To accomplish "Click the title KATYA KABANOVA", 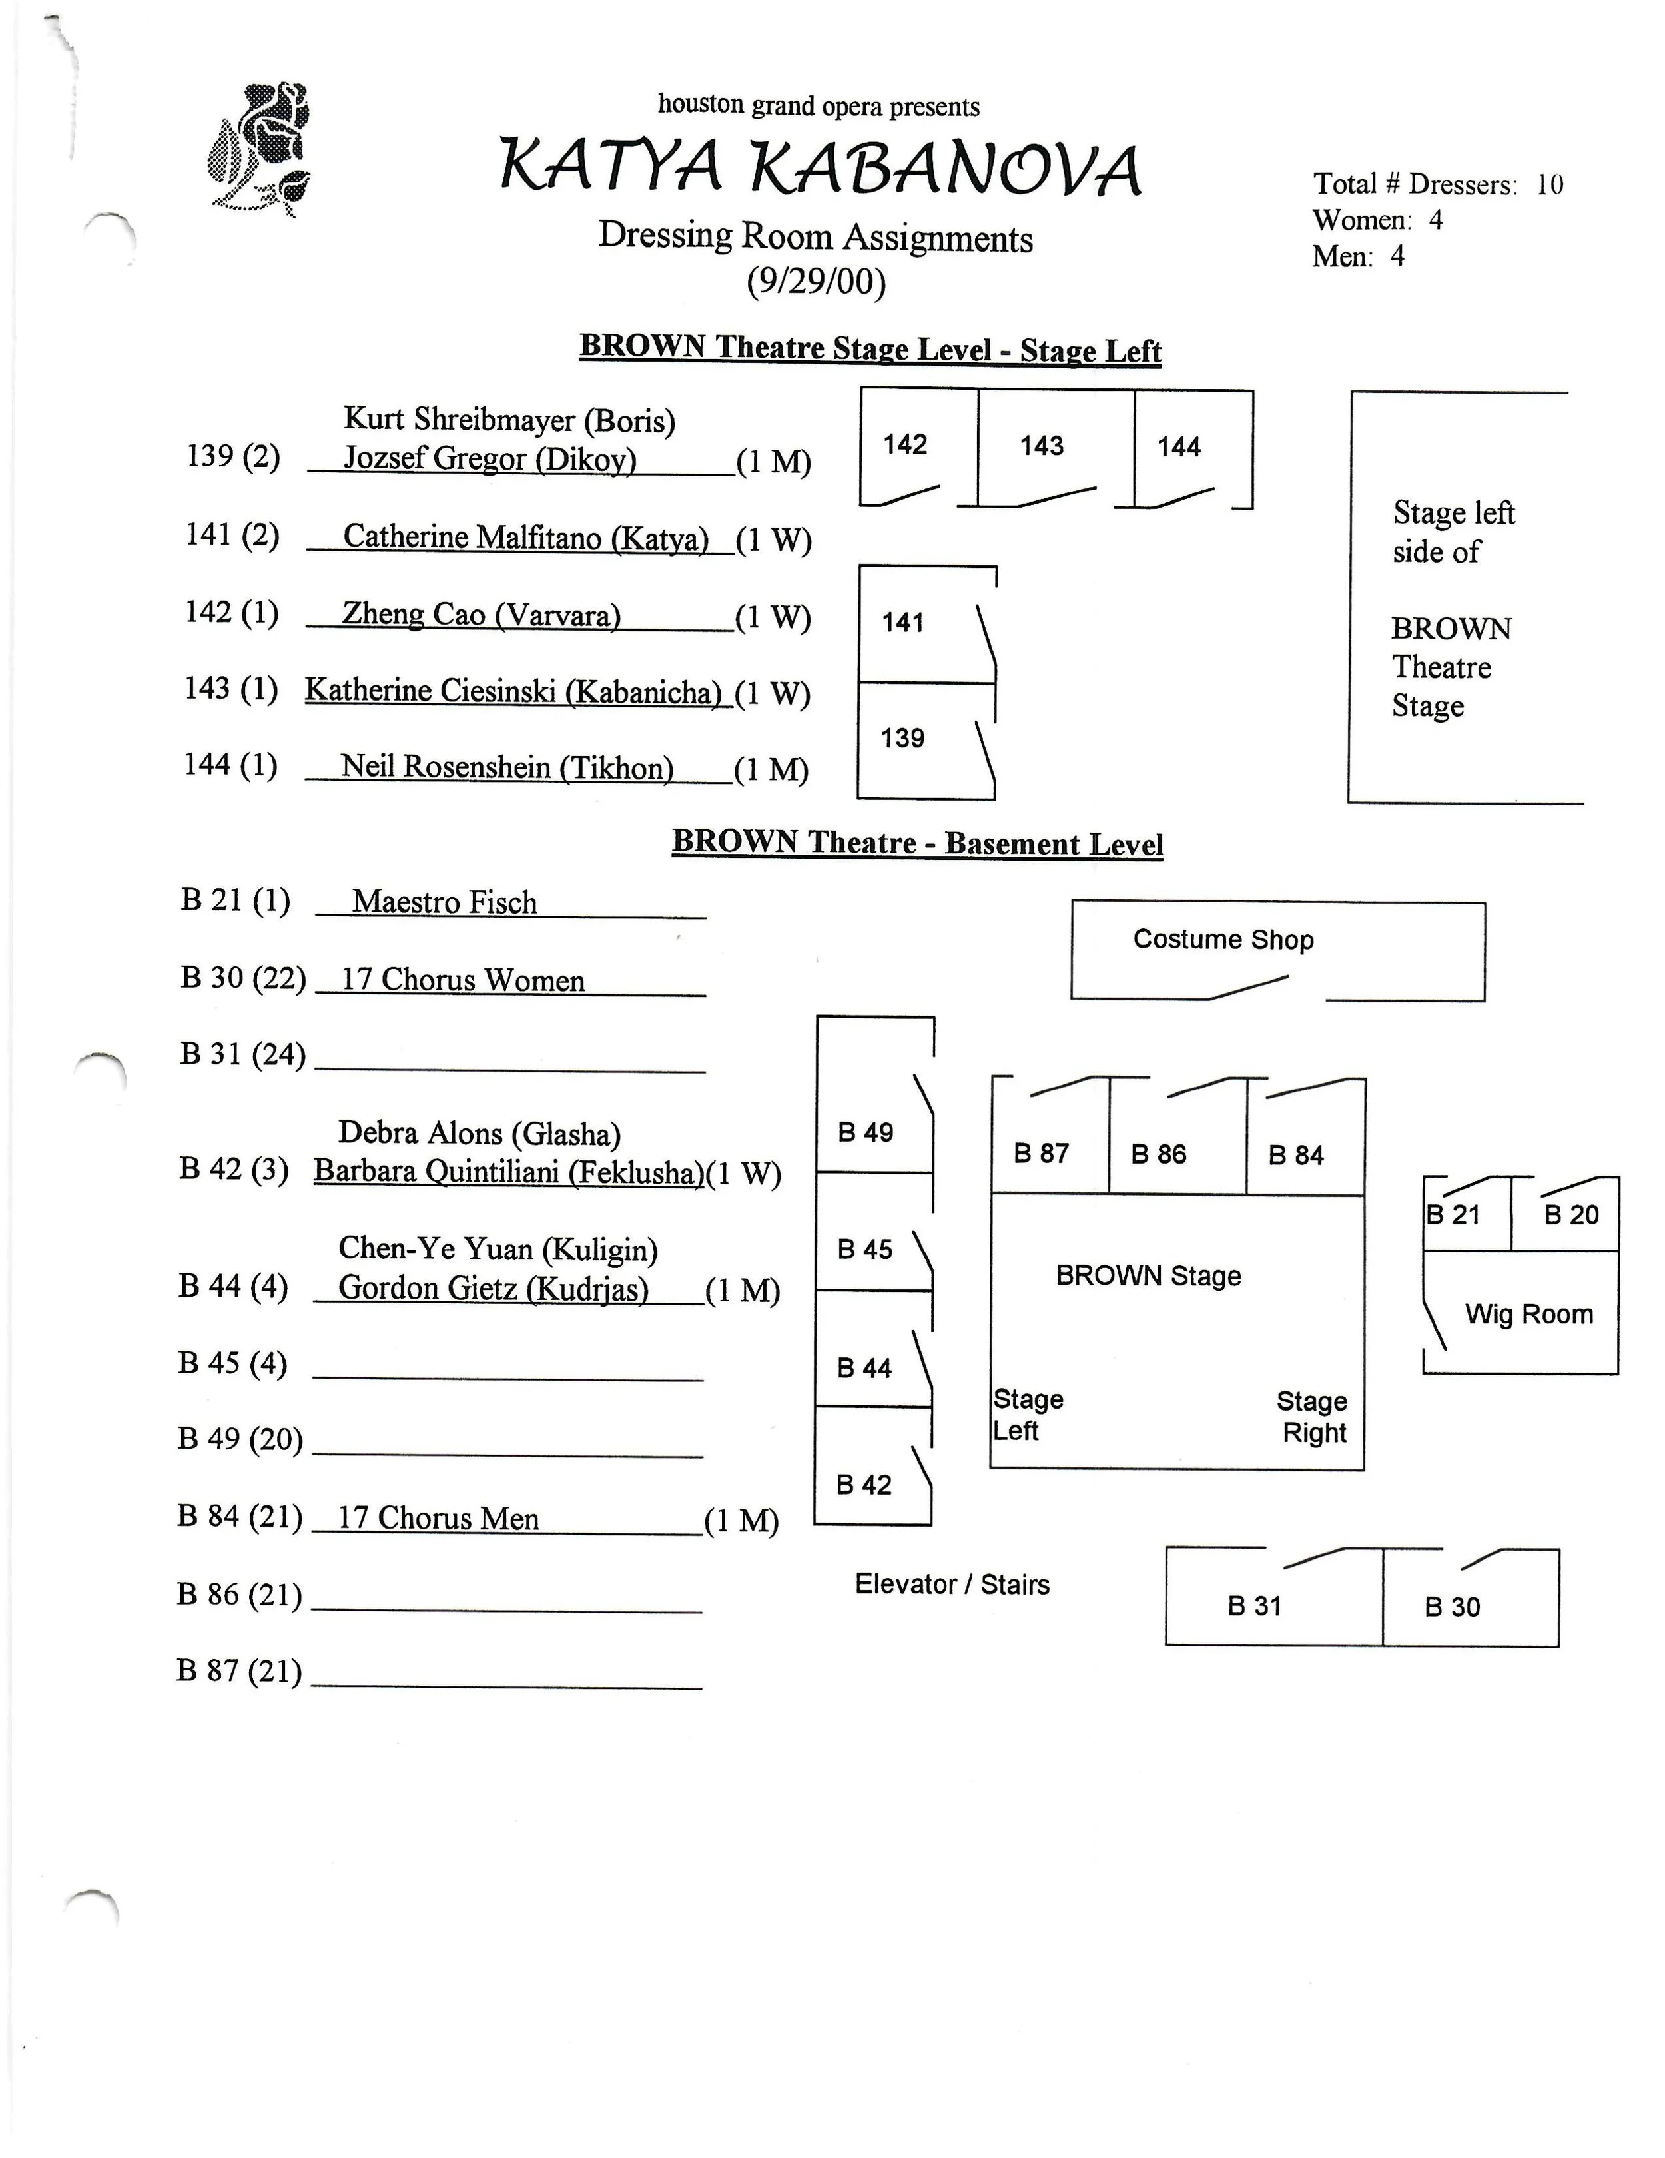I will click(819, 168).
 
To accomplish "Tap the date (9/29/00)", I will click(817, 282).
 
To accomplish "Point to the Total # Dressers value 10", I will click(1549, 184).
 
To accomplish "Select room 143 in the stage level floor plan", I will click(1042, 446).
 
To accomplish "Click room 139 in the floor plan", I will click(902, 738).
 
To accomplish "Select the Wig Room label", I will click(1528, 1314).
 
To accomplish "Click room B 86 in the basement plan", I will click(1158, 1154).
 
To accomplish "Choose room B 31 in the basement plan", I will click(1254, 1606).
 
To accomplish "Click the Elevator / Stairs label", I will click(952, 1584).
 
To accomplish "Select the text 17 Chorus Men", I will click(439, 1518).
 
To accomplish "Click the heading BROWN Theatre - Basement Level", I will click(917, 843).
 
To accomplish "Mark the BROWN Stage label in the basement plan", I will click(1148, 1275).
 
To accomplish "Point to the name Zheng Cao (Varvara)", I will click(482, 615).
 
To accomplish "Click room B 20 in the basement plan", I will click(1571, 1214).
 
